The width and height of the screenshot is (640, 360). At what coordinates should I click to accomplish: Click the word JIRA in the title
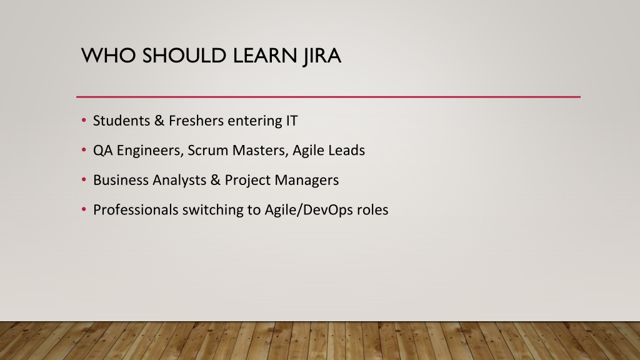pyautogui.click(x=322, y=56)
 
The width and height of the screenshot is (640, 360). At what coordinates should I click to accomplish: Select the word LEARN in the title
pyautogui.click(x=265, y=56)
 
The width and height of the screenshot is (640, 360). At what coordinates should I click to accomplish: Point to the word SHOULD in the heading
pyautogui.click(x=184, y=56)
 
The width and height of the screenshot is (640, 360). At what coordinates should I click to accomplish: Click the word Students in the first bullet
pyautogui.click(x=122, y=121)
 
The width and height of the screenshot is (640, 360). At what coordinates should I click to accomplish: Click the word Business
pyautogui.click(x=121, y=180)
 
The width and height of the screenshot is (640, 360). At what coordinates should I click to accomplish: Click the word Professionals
pyautogui.click(x=136, y=210)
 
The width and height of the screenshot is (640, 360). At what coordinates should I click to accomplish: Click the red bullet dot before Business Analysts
pyautogui.click(x=84, y=179)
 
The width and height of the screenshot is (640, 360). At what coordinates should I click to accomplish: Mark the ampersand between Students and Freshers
pyautogui.click(x=159, y=121)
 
